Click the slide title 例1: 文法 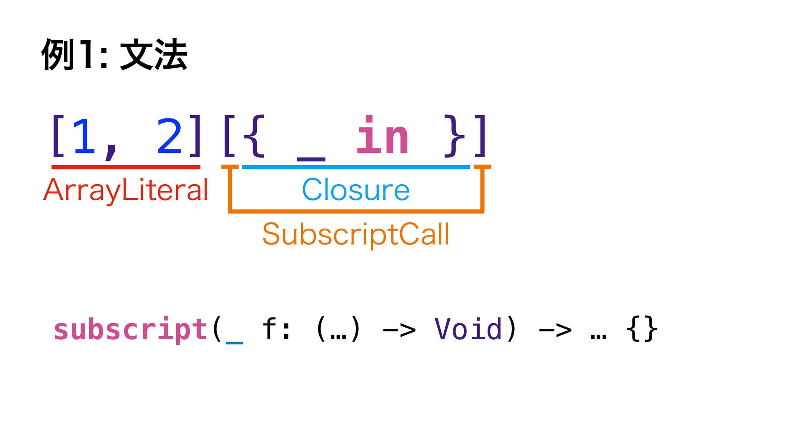click(x=114, y=55)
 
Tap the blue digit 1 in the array click(x=84, y=136)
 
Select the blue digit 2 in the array click(x=169, y=136)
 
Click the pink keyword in click(x=382, y=135)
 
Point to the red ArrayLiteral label click(x=126, y=190)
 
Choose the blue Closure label click(x=356, y=190)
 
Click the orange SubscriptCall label click(x=356, y=234)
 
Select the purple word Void click(x=469, y=329)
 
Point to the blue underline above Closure click(x=356, y=167)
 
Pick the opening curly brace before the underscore click(x=254, y=136)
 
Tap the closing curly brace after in click(x=455, y=136)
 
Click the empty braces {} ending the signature click(x=641, y=329)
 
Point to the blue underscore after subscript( click(x=235, y=341)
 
